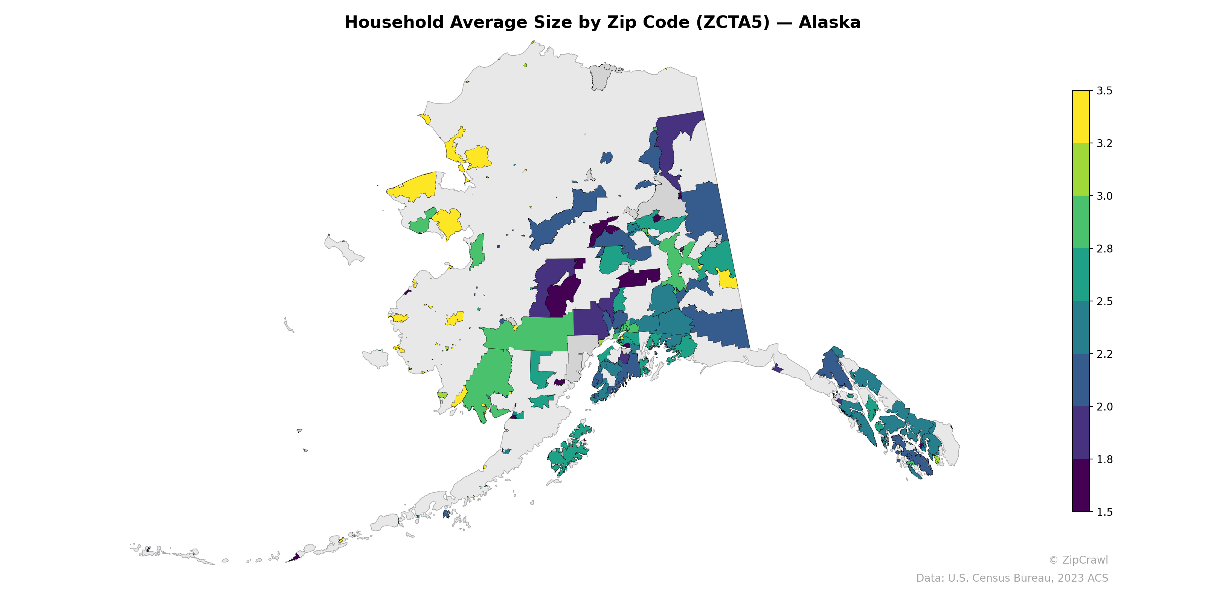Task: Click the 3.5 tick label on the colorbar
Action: pos(1104,91)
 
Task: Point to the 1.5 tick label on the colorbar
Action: pos(1104,512)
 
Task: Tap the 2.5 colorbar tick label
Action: pos(1104,301)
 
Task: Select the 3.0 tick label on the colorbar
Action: pos(1104,196)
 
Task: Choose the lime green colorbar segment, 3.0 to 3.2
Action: pos(1081,169)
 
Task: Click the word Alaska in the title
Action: pos(829,23)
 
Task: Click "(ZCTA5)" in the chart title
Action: pos(732,23)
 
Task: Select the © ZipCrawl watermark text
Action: pos(1078,560)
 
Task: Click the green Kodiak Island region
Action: pos(568,451)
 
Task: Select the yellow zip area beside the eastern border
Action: pos(726,280)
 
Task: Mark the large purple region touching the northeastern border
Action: pos(674,135)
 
